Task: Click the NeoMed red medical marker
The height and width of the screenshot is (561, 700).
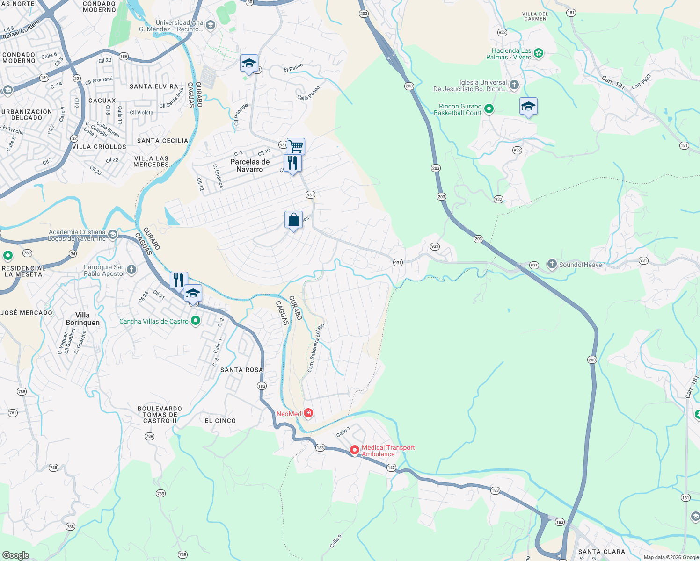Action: [x=308, y=413]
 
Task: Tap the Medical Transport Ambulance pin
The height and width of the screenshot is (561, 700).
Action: [x=355, y=450]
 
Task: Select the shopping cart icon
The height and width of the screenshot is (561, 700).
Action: [x=296, y=146]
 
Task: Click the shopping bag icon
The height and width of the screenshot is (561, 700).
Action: [x=293, y=220]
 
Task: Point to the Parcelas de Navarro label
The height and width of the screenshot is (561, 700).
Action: [x=250, y=165]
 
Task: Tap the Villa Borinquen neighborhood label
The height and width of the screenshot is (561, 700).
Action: [x=83, y=319]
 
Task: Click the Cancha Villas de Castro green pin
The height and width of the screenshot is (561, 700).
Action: [x=196, y=321]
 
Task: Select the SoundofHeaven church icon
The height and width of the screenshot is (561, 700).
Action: [x=552, y=265]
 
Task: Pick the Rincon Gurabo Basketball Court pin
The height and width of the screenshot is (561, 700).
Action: [x=489, y=109]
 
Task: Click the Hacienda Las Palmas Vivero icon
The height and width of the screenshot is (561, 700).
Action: [x=539, y=53]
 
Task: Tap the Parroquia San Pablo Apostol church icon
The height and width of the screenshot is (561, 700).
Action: [x=131, y=269]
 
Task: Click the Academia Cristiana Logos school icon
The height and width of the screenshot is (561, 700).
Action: [x=112, y=234]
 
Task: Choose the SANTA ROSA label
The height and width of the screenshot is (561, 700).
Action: [x=241, y=370]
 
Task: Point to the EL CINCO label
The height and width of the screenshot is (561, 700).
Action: [x=220, y=421]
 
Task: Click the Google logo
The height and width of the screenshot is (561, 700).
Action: [x=15, y=555]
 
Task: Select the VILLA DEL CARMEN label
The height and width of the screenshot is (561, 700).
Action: [x=535, y=16]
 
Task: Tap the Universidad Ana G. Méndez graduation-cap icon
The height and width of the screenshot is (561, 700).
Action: [x=211, y=25]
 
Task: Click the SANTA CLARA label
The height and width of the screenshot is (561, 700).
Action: [x=602, y=552]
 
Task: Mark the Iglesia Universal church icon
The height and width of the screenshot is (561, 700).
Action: [x=514, y=85]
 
